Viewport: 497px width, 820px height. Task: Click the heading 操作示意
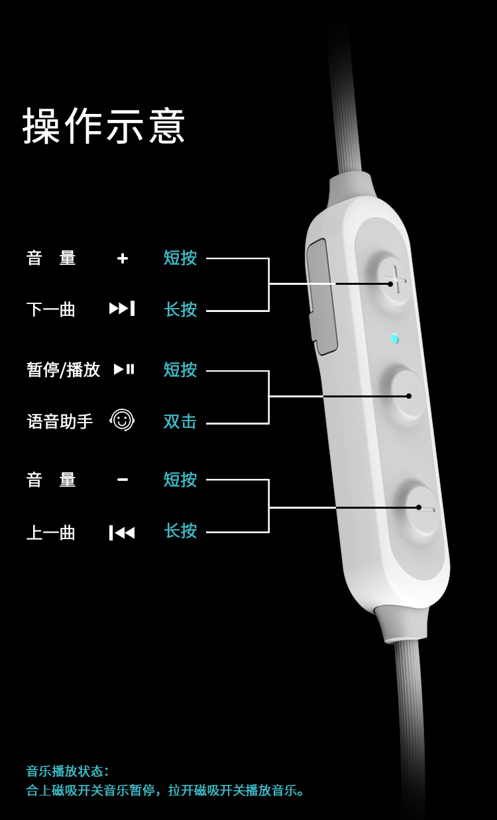103,126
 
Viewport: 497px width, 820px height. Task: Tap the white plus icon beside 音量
123,258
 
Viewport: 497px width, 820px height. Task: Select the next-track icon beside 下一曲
122,308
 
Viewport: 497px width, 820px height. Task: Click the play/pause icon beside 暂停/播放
124,369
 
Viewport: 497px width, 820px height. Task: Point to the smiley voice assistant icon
122,420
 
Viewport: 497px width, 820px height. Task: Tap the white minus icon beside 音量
123,480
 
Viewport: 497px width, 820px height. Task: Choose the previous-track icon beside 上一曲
122,533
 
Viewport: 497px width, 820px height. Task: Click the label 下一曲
51,309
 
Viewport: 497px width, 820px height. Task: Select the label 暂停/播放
64,370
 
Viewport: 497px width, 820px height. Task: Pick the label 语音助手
60,421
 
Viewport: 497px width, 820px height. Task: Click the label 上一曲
51,533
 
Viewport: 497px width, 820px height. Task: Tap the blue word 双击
180,421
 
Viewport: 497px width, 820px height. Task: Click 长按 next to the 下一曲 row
180,309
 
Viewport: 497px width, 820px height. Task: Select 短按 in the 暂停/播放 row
180,370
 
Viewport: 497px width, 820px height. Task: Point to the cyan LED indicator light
394,338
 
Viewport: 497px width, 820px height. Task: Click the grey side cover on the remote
321,297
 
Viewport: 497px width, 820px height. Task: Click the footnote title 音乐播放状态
66,771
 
